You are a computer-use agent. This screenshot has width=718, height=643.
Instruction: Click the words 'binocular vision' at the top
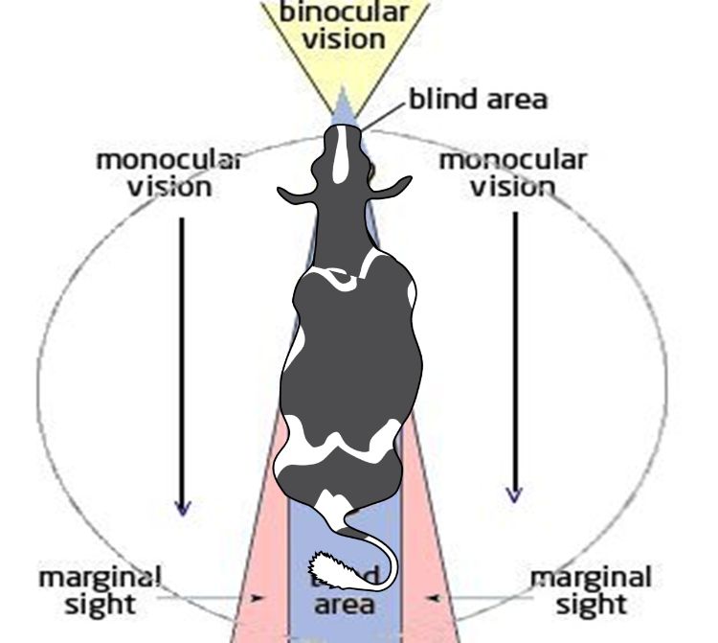pyautogui.click(x=344, y=27)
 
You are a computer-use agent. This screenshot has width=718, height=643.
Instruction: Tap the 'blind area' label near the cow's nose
pyautogui.click(x=478, y=99)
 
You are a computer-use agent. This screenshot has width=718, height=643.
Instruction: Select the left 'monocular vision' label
pyautogui.click(x=168, y=172)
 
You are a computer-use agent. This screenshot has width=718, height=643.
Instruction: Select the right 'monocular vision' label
pyautogui.click(x=512, y=172)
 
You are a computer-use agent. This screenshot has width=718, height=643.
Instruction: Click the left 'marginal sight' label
pyautogui.click(x=100, y=591)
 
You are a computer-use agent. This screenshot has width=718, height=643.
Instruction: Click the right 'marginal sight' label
pyautogui.click(x=591, y=591)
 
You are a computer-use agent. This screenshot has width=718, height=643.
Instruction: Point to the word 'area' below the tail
pyautogui.click(x=344, y=605)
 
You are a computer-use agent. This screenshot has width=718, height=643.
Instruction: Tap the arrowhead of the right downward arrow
pyautogui.click(x=515, y=494)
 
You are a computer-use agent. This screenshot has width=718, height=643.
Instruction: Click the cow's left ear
pyautogui.click(x=296, y=195)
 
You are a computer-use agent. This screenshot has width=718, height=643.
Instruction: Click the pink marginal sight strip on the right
pyautogui.click(x=428, y=537)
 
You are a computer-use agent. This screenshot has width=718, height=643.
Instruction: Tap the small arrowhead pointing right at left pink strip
pyautogui.click(x=258, y=598)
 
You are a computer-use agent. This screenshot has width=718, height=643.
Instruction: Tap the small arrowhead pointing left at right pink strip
pyautogui.click(x=434, y=598)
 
